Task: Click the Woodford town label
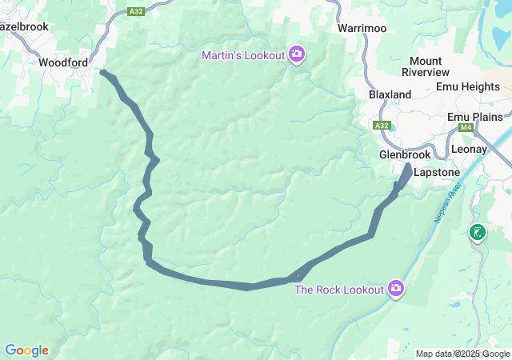pyautogui.click(x=63, y=62)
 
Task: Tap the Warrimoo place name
pyautogui.click(x=362, y=28)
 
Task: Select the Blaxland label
pyautogui.click(x=390, y=94)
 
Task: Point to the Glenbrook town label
pyautogui.click(x=405, y=154)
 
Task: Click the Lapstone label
pyautogui.click(x=437, y=172)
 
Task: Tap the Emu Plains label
pyautogui.click(x=475, y=117)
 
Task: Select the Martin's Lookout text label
pyautogui.click(x=242, y=54)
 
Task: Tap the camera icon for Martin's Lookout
pyautogui.click(x=297, y=54)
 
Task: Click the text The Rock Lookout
pyautogui.click(x=339, y=289)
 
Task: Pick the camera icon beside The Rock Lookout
pyautogui.click(x=395, y=288)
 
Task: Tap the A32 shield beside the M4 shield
pyautogui.click(x=382, y=126)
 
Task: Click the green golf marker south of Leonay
pyautogui.click(x=477, y=233)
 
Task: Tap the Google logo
pyautogui.click(x=26, y=350)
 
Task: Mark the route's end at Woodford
pyautogui.click(x=102, y=73)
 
